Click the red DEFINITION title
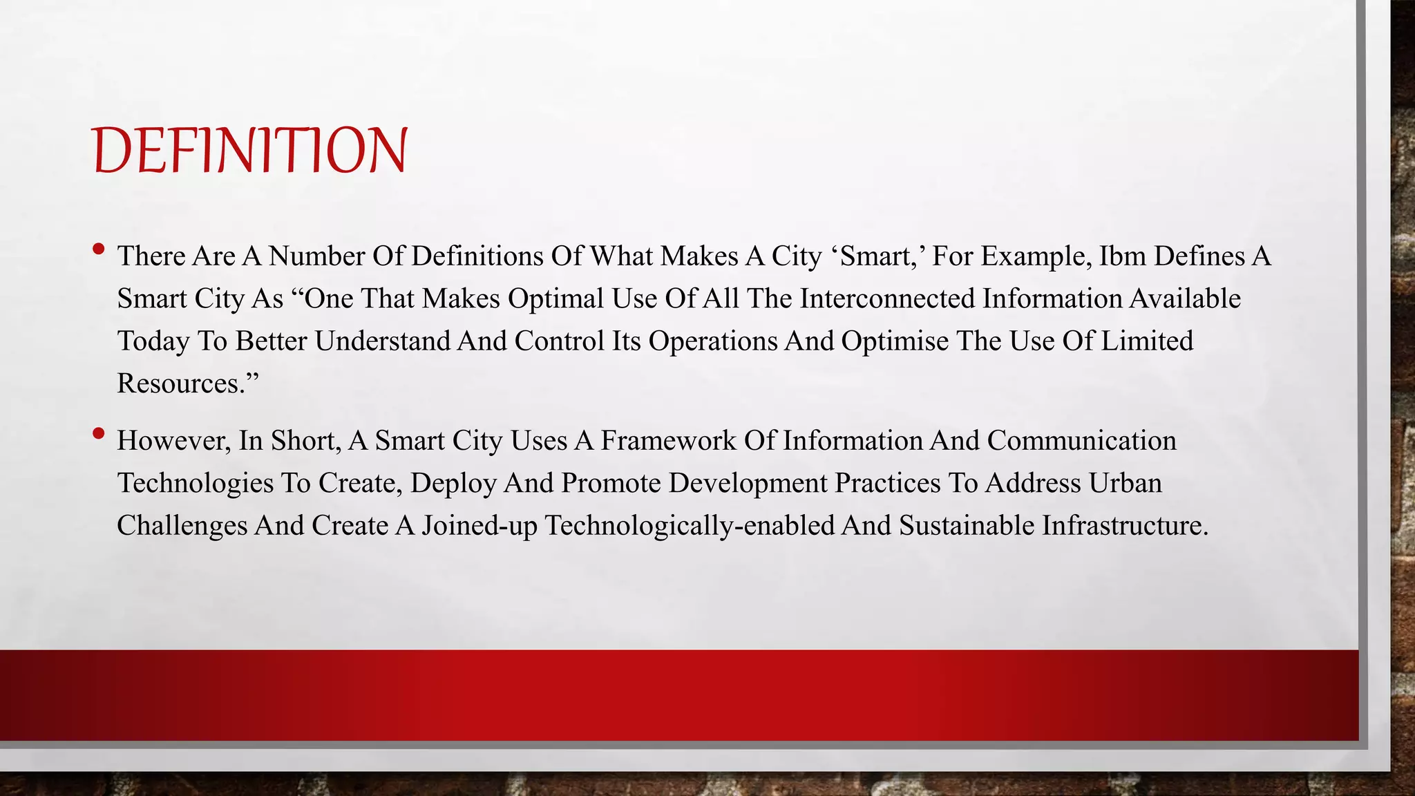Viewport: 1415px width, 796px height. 249,150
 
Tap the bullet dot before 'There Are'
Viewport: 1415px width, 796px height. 98,249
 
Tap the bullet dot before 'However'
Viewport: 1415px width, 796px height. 98,434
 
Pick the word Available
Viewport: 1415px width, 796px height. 1186,298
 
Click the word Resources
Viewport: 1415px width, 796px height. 181,383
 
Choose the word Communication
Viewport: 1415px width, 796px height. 1081,441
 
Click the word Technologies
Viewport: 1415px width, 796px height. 195,483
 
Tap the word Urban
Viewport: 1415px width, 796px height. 1125,483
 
